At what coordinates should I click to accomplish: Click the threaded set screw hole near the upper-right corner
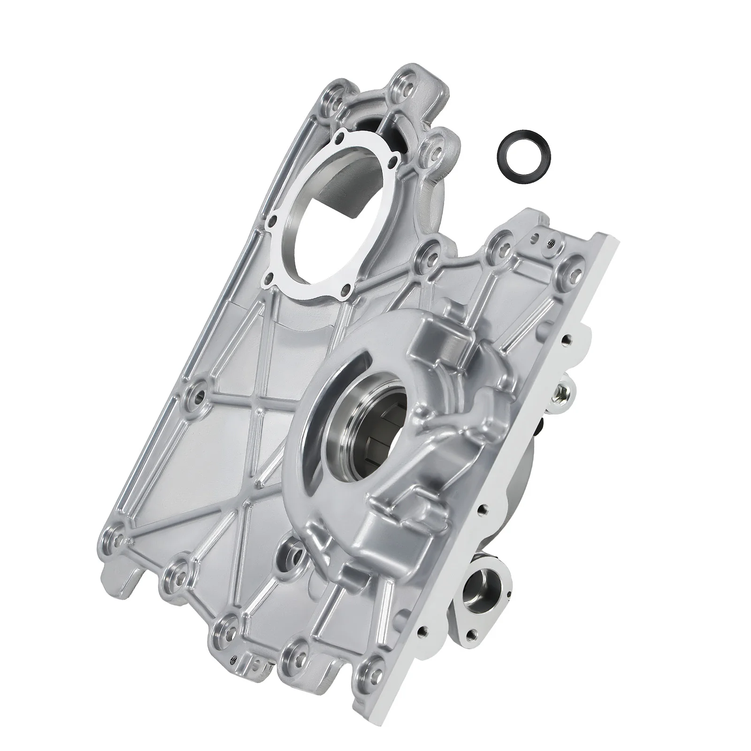click(x=550, y=243)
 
